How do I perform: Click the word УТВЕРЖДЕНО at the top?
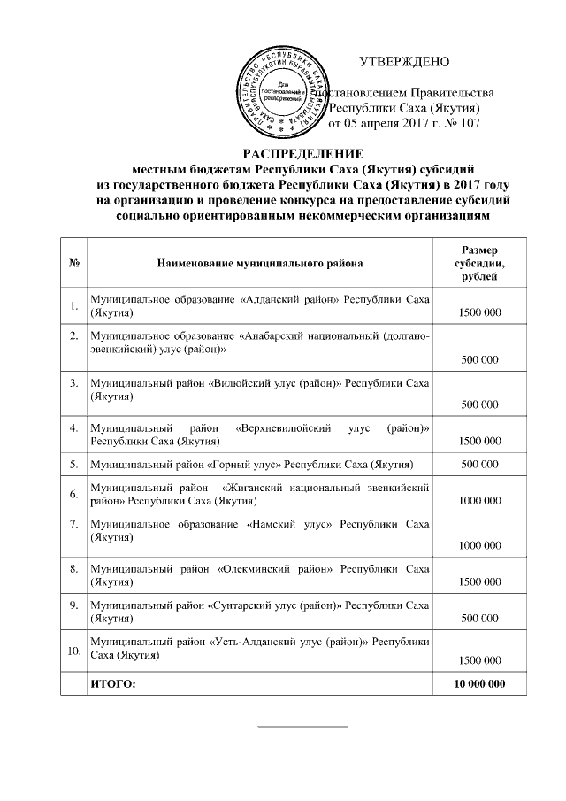click(x=404, y=62)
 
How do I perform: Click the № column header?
click(x=73, y=263)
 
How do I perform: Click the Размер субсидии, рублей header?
click(x=478, y=263)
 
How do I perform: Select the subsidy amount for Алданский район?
click(x=478, y=313)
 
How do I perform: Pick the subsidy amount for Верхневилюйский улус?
click(x=478, y=441)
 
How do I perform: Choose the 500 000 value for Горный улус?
click(x=478, y=463)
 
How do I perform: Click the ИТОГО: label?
click(x=115, y=683)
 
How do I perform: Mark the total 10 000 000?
click(x=478, y=683)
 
